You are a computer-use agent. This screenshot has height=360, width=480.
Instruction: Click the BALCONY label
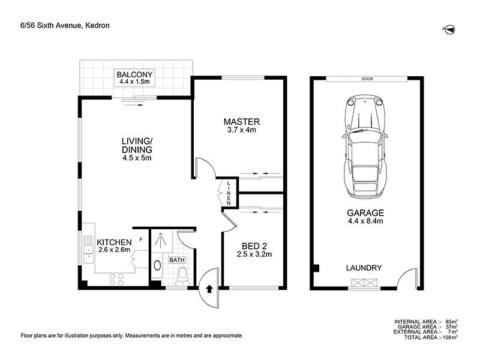136,74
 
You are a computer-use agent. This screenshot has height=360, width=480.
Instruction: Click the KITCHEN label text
115,242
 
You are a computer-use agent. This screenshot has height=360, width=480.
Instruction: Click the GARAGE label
365,213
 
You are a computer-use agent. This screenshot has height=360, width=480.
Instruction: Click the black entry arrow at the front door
209,288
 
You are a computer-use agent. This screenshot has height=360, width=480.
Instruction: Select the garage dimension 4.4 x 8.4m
365,222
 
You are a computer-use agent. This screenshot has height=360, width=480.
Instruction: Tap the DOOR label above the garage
367,79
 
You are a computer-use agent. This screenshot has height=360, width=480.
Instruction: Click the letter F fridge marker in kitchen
140,239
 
